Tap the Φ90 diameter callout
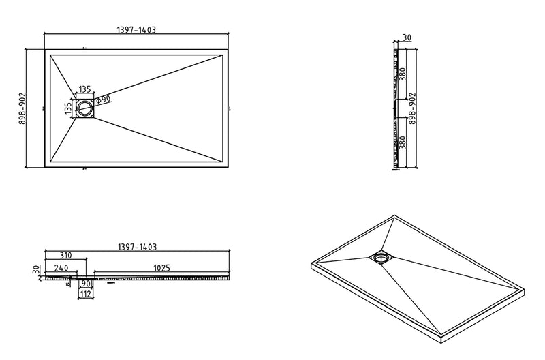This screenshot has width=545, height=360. (x=103, y=100)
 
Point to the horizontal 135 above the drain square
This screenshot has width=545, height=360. (x=84, y=89)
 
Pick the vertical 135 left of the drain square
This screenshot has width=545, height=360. (x=68, y=108)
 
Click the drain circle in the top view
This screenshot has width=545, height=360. (x=85, y=108)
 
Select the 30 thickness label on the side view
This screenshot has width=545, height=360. (x=407, y=38)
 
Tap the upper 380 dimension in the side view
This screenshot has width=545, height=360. (x=403, y=74)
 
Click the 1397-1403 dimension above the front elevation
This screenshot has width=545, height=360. (x=138, y=247)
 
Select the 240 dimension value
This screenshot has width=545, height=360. (x=61, y=269)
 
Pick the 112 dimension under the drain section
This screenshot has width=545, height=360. (x=85, y=294)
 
